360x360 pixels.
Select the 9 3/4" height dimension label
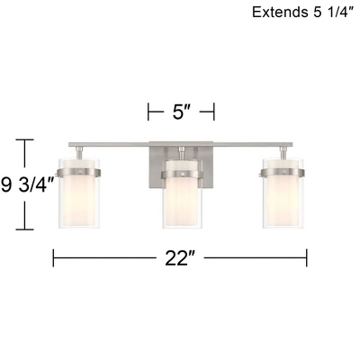(x=26, y=184)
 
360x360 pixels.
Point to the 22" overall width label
(x=181, y=259)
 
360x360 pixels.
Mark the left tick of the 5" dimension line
(x=148, y=112)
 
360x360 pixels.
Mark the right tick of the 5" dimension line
(x=214, y=112)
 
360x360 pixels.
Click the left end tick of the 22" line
(x=54, y=259)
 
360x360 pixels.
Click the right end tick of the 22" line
(x=307, y=259)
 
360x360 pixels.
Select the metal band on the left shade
(x=79, y=170)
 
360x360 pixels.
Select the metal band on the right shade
(x=283, y=170)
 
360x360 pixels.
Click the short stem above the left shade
(x=79, y=151)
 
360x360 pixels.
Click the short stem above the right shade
(x=283, y=151)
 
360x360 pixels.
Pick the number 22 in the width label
(x=176, y=259)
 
